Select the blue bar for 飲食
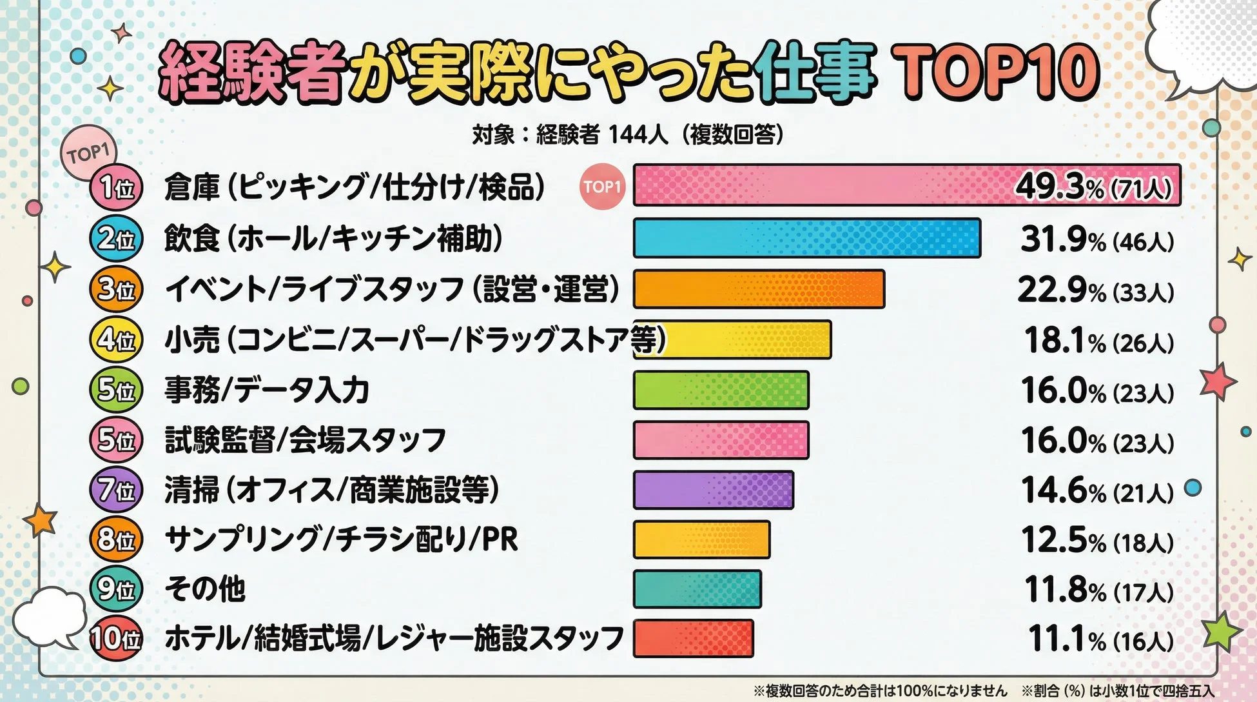807,238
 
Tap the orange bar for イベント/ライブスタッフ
759,289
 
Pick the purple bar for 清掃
713,490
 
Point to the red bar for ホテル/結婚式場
693,638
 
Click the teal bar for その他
697,589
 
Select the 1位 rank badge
116,188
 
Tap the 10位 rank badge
116,639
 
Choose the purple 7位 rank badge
116,491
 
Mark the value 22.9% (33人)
1096,290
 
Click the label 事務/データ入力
266,390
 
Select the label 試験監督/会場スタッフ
305,441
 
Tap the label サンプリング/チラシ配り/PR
341,540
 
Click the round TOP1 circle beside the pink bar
602,187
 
